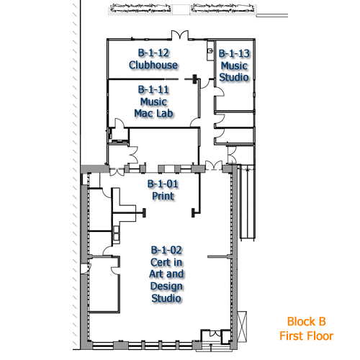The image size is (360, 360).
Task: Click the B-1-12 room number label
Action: point(153,53)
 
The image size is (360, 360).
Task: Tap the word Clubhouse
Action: point(153,65)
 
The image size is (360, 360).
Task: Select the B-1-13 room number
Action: point(234,53)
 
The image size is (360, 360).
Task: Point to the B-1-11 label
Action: point(153,90)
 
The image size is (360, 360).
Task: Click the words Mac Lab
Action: point(153,113)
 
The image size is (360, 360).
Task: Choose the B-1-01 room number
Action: point(163,184)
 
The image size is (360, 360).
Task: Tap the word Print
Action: point(163,196)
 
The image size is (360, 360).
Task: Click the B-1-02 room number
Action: point(166,251)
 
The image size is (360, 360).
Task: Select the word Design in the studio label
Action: point(166,286)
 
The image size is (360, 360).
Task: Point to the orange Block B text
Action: point(307,322)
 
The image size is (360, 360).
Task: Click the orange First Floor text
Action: point(307,336)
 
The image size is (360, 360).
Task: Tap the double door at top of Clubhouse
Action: point(180,35)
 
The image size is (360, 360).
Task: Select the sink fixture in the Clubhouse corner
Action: point(210,50)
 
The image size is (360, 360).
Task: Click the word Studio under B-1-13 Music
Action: point(234,77)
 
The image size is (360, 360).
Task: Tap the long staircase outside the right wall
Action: point(247,203)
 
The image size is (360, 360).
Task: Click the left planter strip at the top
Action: point(140,9)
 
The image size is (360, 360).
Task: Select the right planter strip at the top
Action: point(223,9)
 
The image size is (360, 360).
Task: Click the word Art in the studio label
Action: point(156,274)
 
